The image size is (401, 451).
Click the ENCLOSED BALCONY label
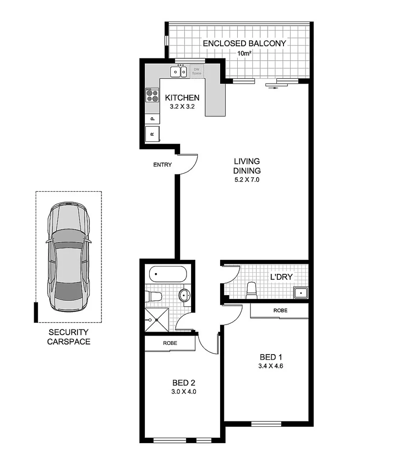pyautogui.click(x=244, y=43)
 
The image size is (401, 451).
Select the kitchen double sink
pyautogui.click(x=179, y=71)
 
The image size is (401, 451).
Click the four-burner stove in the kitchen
pyautogui.click(x=152, y=95)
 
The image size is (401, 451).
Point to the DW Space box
pyautogui.click(x=197, y=71)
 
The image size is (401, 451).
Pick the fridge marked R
pyautogui.click(x=152, y=134)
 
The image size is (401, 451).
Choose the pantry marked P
pyautogui.click(x=152, y=118)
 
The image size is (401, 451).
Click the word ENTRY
pyautogui.click(x=162, y=165)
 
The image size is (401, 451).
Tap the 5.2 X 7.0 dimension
pyautogui.click(x=247, y=180)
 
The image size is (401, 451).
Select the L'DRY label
pyautogui.click(x=281, y=277)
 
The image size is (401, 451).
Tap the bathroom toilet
pyautogui.click(x=155, y=296)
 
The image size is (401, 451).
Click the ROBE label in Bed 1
pyautogui.click(x=280, y=311)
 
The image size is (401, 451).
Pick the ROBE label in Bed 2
pyautogui.click(x=170, y=343)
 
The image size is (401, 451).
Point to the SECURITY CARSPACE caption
pyautogui.click(x=69, y=336)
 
